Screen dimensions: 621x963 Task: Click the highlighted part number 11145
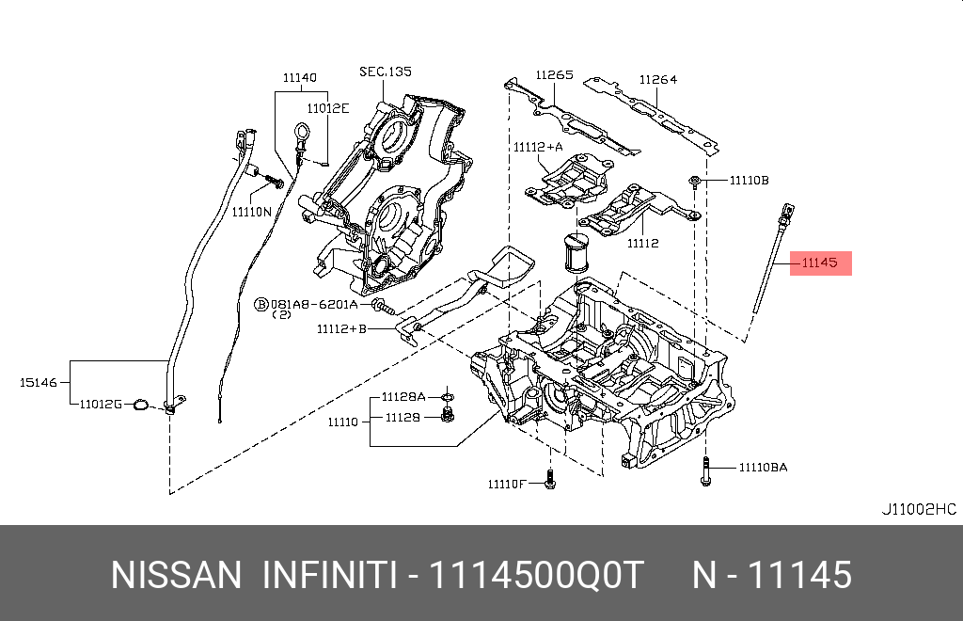(819, 263)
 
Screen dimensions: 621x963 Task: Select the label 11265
(555, 75)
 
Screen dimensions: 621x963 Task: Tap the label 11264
(658, 80)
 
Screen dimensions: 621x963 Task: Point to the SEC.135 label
(385, 72)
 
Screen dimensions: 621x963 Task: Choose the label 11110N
(252, 213)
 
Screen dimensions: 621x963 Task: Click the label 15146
(39, 383)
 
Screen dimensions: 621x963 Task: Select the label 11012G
(101, 404)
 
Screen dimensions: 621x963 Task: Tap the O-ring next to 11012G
(140, 405)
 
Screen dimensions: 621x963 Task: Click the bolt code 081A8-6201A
(313, 305)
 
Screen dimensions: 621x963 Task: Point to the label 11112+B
(340, 329)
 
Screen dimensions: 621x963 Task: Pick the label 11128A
(403, 396)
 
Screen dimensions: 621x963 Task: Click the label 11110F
(508, 485)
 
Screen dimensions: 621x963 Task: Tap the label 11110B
(749, 179)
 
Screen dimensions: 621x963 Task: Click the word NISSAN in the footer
(176, 575)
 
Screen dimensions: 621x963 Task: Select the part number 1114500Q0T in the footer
(536, 575)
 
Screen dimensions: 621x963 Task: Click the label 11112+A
(538, 147)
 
